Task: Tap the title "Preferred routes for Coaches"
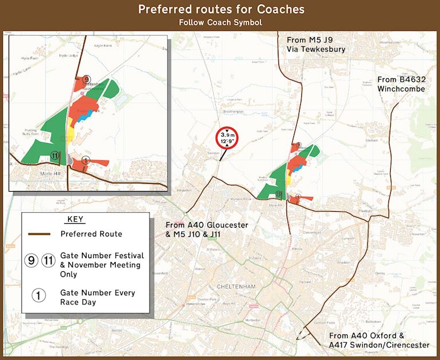pyautogui.click(x=221, y=10)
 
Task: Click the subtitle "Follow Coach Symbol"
pyautogui.click(x=221, y=23)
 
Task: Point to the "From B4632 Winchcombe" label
pyautogui.click(x=401, y=84)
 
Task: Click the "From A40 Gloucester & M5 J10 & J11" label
pyautogui.click(x=206, y=230)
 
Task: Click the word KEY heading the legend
pyautogui.click(x=75, y=219)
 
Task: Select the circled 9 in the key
pyautogui.click(x=33, y=260)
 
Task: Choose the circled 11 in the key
pyautogui.click(x=49, y=260)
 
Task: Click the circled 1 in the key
pyautogui.click(x=38, y=295)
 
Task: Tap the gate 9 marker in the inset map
pyautogui.click(x=86, y=79)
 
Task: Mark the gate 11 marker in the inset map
pyautogui.click(x=54, y=155)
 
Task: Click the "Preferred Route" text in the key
pyautogui.click(x=91, y=234)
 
